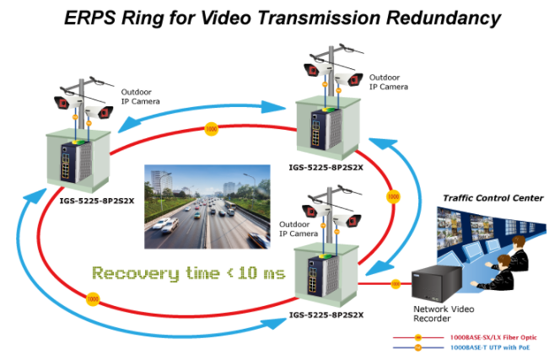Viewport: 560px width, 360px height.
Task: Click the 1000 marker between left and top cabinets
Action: [x=211, y=129]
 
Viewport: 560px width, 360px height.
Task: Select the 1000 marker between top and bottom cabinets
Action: [x=392, y=196]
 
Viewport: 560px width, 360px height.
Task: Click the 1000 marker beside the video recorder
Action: [x=396, y=283]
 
